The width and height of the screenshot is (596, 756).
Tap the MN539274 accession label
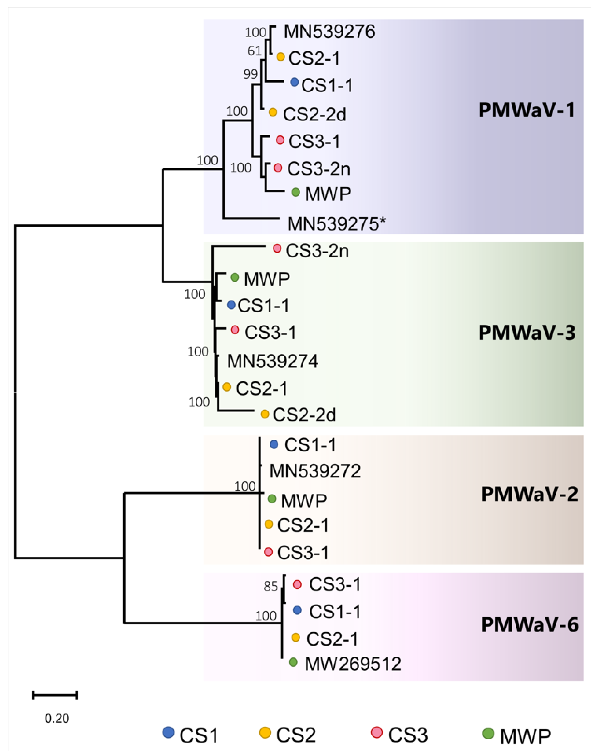click(273, 361)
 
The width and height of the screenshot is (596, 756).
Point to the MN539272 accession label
click(315, 471)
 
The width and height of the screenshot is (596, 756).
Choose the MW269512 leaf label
click(353, 664)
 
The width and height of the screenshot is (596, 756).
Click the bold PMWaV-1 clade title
click(527, 111)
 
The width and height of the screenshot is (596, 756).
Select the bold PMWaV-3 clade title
click(527, 333)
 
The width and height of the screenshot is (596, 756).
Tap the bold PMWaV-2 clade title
click(529, 494)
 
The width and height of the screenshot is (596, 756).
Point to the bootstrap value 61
click(254, 51)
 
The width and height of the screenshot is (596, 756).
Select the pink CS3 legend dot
click(377, 732)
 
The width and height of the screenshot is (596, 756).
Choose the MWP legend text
click(525, 736)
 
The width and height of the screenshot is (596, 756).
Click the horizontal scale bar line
click(55, 695)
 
